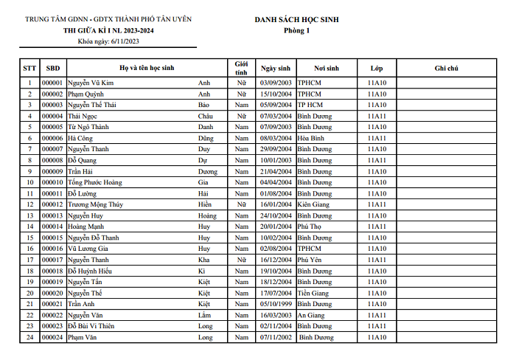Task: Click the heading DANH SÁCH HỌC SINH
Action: point(297,20)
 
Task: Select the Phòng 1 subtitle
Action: point(297,31)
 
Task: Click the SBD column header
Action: point(52,67)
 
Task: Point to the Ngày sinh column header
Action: point(276,67)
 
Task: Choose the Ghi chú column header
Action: point(446,67)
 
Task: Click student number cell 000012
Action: point(52,204)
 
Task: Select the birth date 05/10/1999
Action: point(276,304)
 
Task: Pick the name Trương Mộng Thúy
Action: point(95,204)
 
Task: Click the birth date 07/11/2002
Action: point(276,337)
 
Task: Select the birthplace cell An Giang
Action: point(312,315)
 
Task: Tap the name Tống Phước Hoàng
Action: point(95,182)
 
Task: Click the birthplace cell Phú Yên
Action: point(310,260)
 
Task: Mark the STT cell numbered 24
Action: point(29,337)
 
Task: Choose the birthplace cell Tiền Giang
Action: point(314,293)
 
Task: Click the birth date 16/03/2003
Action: point(276,315)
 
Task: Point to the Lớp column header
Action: point(377,67)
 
